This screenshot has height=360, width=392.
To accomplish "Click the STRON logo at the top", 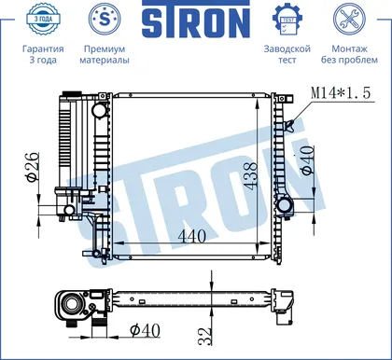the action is [196, 19].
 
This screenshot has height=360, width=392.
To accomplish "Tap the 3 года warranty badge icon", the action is [43, 20].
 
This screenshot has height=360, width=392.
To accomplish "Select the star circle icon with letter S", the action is [105, 20].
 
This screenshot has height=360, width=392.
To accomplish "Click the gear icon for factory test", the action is [287, 20].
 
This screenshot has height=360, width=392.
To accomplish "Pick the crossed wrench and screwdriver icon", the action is [348, 20].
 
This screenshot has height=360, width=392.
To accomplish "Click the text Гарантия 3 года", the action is [43, 54].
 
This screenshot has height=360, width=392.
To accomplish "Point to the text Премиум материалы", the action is [105, 54].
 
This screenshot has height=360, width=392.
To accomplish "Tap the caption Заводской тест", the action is [287, 54].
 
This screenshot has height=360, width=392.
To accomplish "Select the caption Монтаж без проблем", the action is [349, 54].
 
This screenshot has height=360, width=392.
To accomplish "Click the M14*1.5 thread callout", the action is [341, 92].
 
